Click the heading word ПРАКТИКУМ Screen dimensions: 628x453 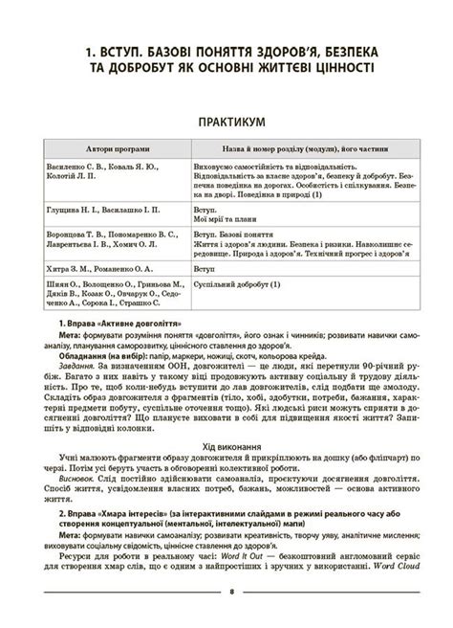pos(226,123)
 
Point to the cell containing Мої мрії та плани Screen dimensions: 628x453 pos(224,218)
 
